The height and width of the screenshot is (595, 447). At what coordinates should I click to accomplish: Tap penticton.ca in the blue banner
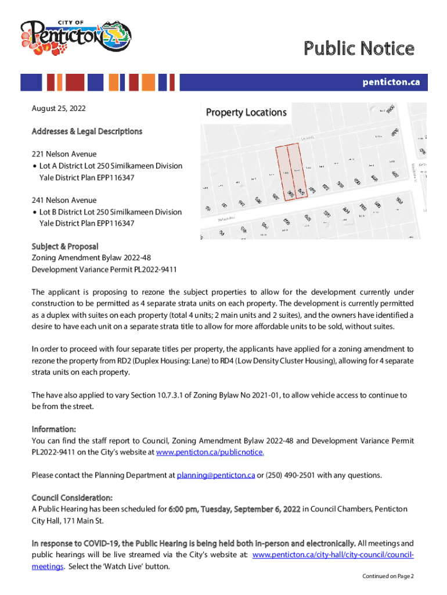click(x=391, y=83)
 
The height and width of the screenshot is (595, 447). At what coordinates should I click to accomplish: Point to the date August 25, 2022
click(x=59, y=109)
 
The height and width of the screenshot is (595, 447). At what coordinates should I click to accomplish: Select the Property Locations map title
click(x=246, y=112)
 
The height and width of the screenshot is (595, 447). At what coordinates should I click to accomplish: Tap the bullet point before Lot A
click(x=35, y=166)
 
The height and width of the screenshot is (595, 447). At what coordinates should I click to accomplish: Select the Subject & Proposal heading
click(x=65, y=246)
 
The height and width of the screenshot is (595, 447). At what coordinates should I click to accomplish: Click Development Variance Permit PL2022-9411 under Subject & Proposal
click(x=104, y=270)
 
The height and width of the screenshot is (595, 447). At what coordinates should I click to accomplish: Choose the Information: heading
click(x=53, y=429)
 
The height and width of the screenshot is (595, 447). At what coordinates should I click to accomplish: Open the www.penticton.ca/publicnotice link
click(x=210, y=452)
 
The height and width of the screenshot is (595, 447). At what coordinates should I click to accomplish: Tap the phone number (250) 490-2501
click(x=287, y=475)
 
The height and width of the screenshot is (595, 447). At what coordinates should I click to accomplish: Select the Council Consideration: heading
click(x=72, y=498)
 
